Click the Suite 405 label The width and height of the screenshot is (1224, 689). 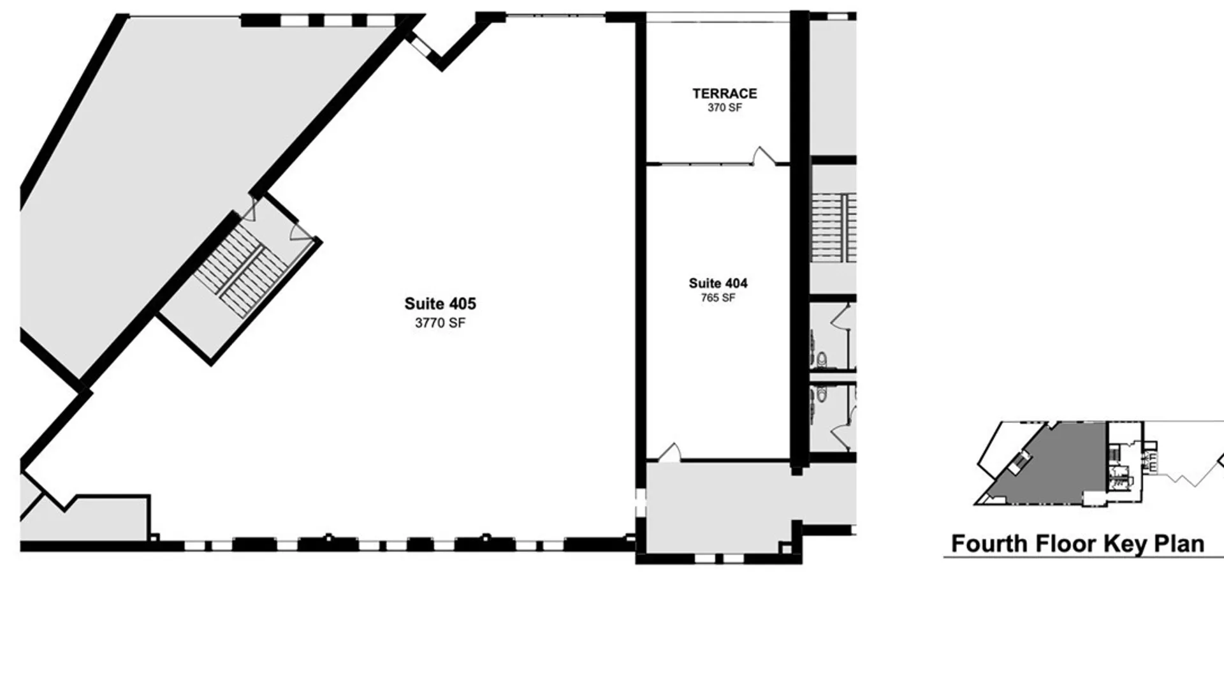pyautogui.click(x=440, y=304)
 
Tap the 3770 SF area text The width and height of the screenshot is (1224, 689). pyautogui.click(x=440, y=323)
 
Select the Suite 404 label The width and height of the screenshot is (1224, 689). pyautogui.click(x=718, y=283)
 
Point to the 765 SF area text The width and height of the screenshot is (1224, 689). pyautogui.click(x=718, y=298)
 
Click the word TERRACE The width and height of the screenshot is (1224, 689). pyautogui.click(x=725, y=94)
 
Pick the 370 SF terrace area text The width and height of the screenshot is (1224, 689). pyautogui.click(x=725, y=108)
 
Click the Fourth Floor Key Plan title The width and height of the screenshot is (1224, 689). pyautogui.click(x=1077, y=544)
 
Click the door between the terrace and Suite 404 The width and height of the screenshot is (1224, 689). pyautogui.click(x=763, y=156)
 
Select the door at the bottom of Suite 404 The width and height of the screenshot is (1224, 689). pyautogui.click(x=669, y=452)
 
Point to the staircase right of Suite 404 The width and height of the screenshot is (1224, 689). pyautogui.click(x=833, y=227)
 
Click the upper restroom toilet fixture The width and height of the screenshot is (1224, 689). pyautogui.click(x=822, y=360)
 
